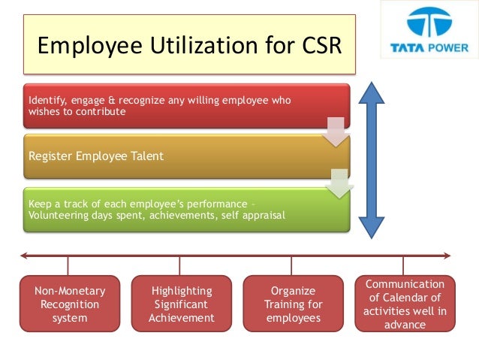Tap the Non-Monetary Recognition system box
click(x=70, y=304)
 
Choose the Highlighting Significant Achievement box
click(x=181, y=304)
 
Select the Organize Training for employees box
click(x=293, y=304)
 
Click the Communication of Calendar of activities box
click(x=404, y=304)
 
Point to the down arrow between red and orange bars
click(x=336, y=132)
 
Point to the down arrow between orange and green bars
click(x=340, y=183)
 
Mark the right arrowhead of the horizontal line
click(x=447, y=256)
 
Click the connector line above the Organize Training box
click(x=292, y=266)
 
